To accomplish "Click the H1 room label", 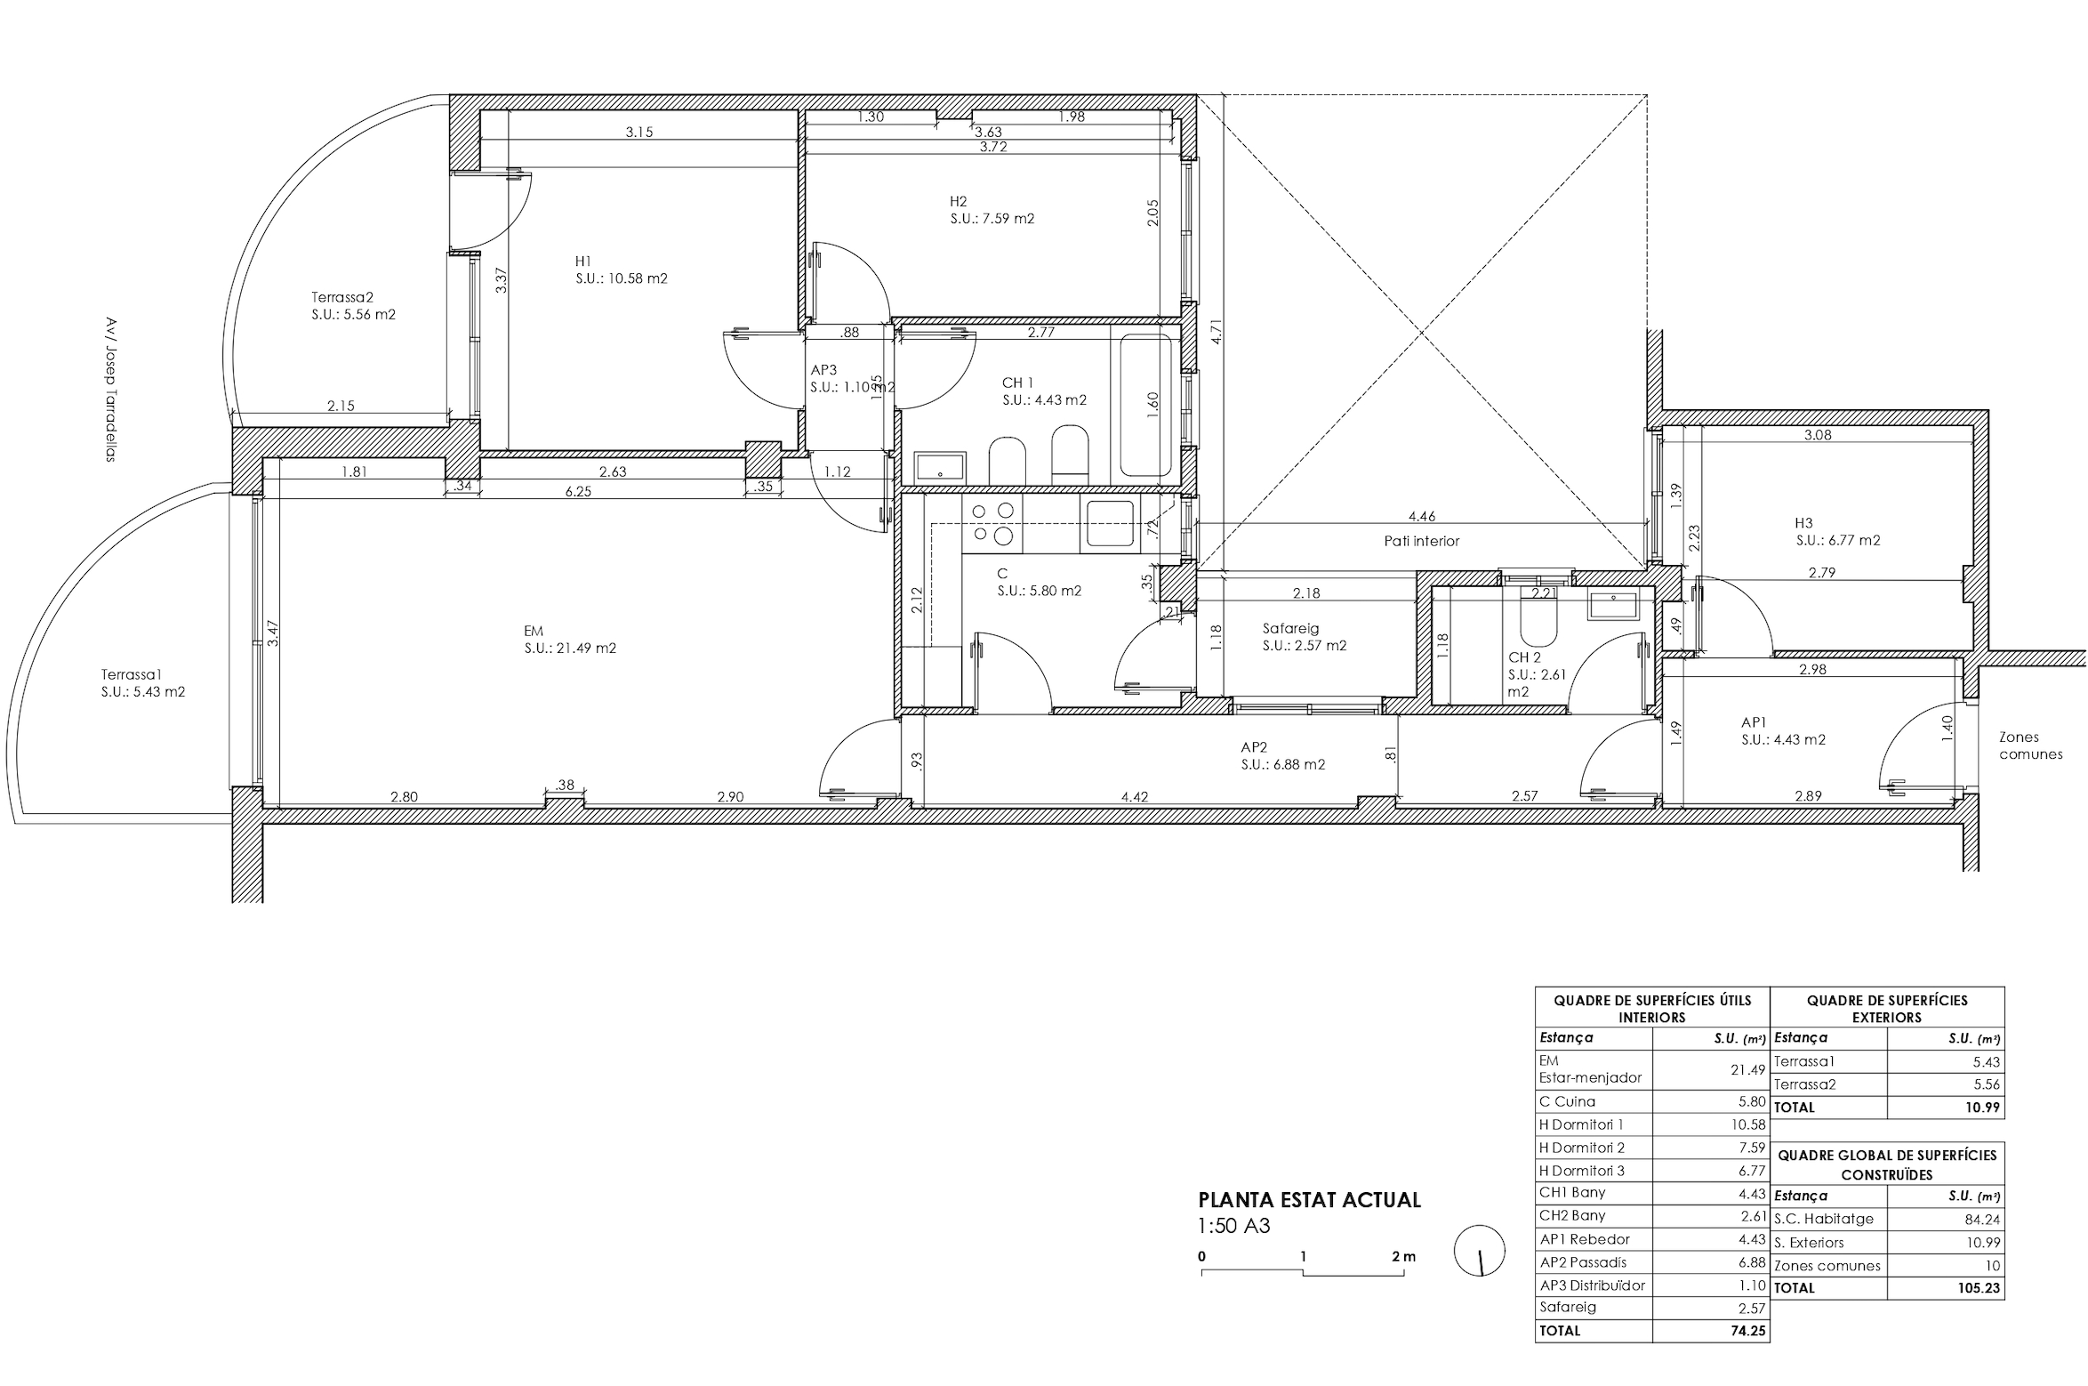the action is click(583, 262).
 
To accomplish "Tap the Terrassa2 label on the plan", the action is click(341, 298).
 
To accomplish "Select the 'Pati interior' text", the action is click(1421, 541).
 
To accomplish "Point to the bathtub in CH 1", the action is click(1145, 405).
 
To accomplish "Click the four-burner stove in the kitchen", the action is click(992, 523).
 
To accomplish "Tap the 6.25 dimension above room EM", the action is click(578, 491).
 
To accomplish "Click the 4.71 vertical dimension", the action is click(1217, 332).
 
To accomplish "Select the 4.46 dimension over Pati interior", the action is click(1422, 516).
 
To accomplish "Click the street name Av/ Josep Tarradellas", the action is click(110, 390).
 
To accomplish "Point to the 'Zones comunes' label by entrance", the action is click(2030, 745).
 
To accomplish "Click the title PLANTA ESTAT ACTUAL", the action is click(1309, 1200).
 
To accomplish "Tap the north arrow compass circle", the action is click(1480, 1250).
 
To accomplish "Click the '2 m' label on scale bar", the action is click(1404, 1257).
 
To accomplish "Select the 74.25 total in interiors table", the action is click(1747, 1331).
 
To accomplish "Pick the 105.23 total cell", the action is click(1980, 1288).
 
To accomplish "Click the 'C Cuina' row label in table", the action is click(1567, 1101).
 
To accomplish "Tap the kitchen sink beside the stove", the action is click(1110, 523).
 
